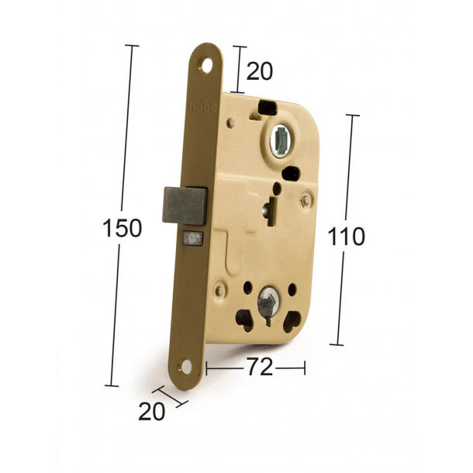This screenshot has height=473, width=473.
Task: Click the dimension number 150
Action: (x=123, y=228)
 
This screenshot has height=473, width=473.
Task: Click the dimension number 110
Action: (x=346, y=236)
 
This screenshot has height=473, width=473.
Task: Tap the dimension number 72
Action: (x=260, y=367)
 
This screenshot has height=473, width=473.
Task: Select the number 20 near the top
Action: (x=260, y=71)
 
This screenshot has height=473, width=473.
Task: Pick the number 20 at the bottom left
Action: (x=152, y=412)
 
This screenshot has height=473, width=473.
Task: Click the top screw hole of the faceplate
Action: (x=206, y=67)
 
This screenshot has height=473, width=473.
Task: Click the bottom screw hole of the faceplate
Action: (x=186, y=367)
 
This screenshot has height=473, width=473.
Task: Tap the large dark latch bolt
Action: (x=185, y=206)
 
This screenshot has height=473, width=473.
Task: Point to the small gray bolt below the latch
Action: (x=193, y=238)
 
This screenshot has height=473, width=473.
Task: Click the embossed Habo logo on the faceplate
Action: (x=202, y=107)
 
